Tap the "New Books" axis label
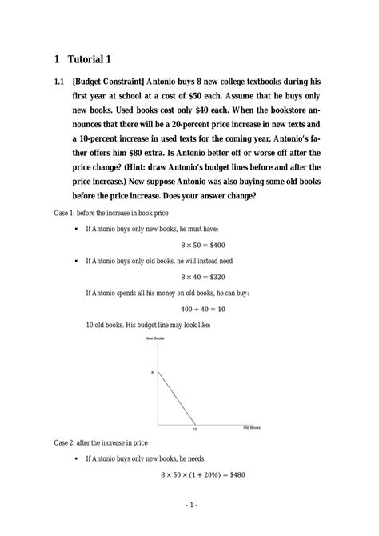point(154,340)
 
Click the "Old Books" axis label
point(252,428)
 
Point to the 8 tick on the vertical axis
point(152,373)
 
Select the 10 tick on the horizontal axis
point(194,430)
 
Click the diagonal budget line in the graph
point(176,398)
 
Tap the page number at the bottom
point(189,506)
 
